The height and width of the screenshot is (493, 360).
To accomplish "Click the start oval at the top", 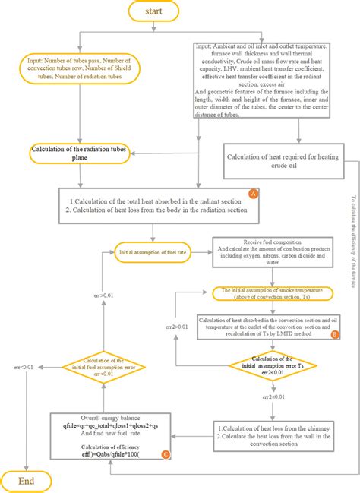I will (154, 11).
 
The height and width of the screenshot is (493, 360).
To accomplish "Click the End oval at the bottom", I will (27, 480).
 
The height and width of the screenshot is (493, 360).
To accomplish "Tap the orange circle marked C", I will (166, 455).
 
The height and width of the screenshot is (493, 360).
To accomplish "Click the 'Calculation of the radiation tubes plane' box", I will (77, 153).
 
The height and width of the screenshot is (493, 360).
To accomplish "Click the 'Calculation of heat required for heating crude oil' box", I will (281, 160).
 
